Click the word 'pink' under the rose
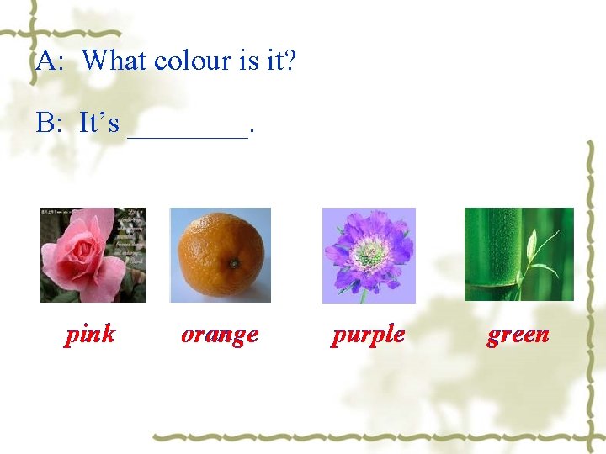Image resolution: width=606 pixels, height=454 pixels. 90,335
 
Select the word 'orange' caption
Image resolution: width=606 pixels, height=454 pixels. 220,335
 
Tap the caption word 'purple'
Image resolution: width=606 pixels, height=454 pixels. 368,335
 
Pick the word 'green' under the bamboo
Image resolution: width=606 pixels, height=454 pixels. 518,335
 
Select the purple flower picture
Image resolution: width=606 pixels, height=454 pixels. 369,255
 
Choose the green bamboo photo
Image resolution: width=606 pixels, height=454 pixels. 518,254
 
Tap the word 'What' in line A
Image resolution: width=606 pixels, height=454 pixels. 114,61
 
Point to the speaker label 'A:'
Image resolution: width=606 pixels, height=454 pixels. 50,61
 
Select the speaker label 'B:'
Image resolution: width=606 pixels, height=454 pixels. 50,124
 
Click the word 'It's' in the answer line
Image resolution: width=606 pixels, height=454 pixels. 99,124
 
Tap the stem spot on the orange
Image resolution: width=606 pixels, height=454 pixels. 233,264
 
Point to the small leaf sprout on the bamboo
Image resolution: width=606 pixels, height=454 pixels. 532,249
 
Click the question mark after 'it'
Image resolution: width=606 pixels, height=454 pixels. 290,61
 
